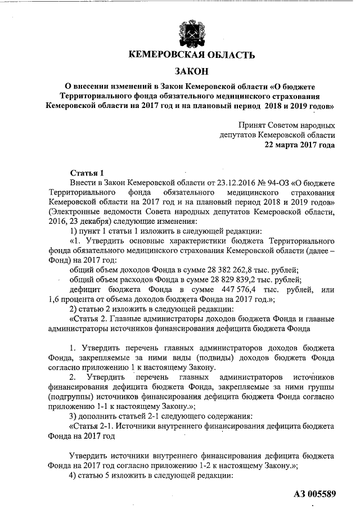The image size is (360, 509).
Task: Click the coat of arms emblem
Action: click(188, 29)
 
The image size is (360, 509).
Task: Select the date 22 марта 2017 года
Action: click(300, 145)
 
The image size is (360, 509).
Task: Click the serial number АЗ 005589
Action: click(314, 494)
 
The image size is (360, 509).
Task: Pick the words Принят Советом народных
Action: click(286, 125)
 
